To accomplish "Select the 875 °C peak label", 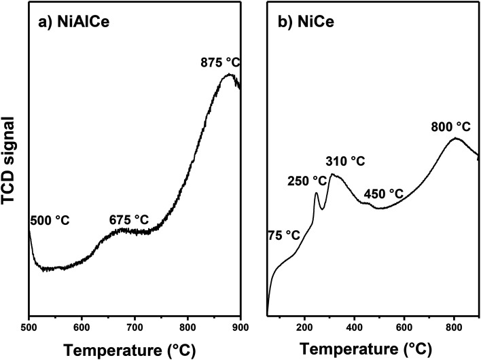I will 219,62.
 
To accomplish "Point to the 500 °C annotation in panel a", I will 50,220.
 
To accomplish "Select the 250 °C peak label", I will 306,181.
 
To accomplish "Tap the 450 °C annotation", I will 384,194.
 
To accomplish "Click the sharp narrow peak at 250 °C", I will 316,194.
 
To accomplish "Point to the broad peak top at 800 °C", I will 455,139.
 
